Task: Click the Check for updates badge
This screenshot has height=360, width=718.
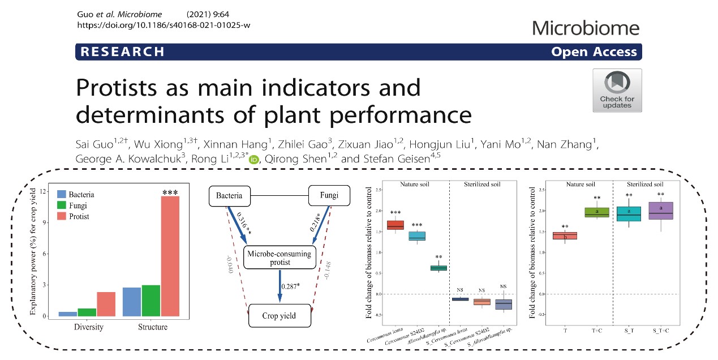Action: (x=617, y=90)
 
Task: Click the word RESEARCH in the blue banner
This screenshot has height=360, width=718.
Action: (x=122, y=52)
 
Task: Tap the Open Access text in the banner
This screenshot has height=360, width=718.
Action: (x=594, y=52)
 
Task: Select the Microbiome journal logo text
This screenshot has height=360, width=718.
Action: (x=586, y=28)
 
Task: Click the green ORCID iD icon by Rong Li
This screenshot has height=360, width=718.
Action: (x=254, y=160)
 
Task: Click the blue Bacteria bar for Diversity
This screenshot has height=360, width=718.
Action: (x=68, y=314)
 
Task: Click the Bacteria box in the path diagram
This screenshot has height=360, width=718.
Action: (x=229, y=196)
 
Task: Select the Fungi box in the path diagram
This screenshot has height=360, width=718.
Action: (x=329, y=196)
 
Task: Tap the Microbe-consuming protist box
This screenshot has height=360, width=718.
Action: (x=279, y=258)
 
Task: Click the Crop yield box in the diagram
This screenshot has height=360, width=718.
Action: (x=280, y=315)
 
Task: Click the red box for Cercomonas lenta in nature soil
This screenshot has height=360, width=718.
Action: (x=395, y=225)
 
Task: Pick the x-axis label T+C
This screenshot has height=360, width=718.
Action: (x=596, y=329)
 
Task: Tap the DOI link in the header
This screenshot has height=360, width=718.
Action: (x=163, y=26)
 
